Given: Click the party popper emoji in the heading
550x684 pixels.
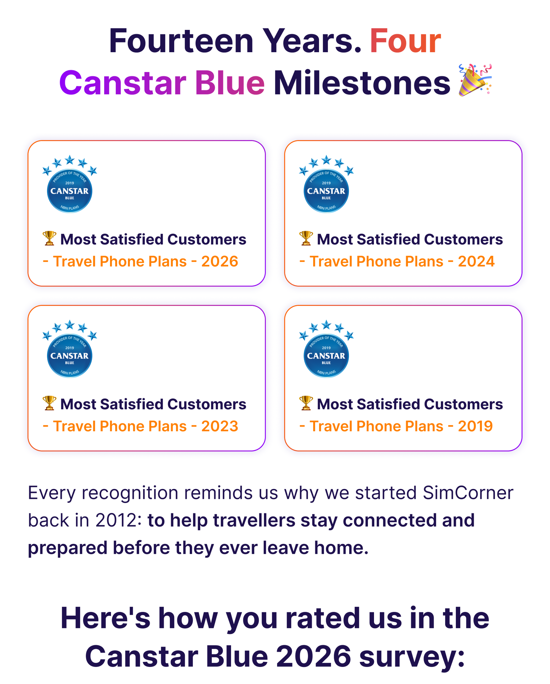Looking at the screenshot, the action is (475, 80).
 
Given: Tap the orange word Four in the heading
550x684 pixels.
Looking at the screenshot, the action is (405, 41).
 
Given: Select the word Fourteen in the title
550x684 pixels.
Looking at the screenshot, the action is (181, 41).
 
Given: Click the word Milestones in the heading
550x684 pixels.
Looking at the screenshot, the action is (362, 83).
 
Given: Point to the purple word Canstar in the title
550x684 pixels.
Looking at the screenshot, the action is (123, 83).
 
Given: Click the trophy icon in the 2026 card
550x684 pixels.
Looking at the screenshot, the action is (49, 238).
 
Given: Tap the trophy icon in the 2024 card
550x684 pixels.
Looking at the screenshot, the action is (306, 238).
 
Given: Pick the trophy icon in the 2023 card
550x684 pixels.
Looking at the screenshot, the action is (49, 403).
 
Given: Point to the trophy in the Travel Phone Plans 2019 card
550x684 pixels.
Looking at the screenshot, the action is (306, 403).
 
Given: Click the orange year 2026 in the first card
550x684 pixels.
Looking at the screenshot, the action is (220, 262).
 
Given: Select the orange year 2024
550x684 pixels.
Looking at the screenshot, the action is (476, 262).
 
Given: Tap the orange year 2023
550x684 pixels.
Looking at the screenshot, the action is (220, 426).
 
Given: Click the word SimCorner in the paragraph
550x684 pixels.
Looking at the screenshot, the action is (468, 493).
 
